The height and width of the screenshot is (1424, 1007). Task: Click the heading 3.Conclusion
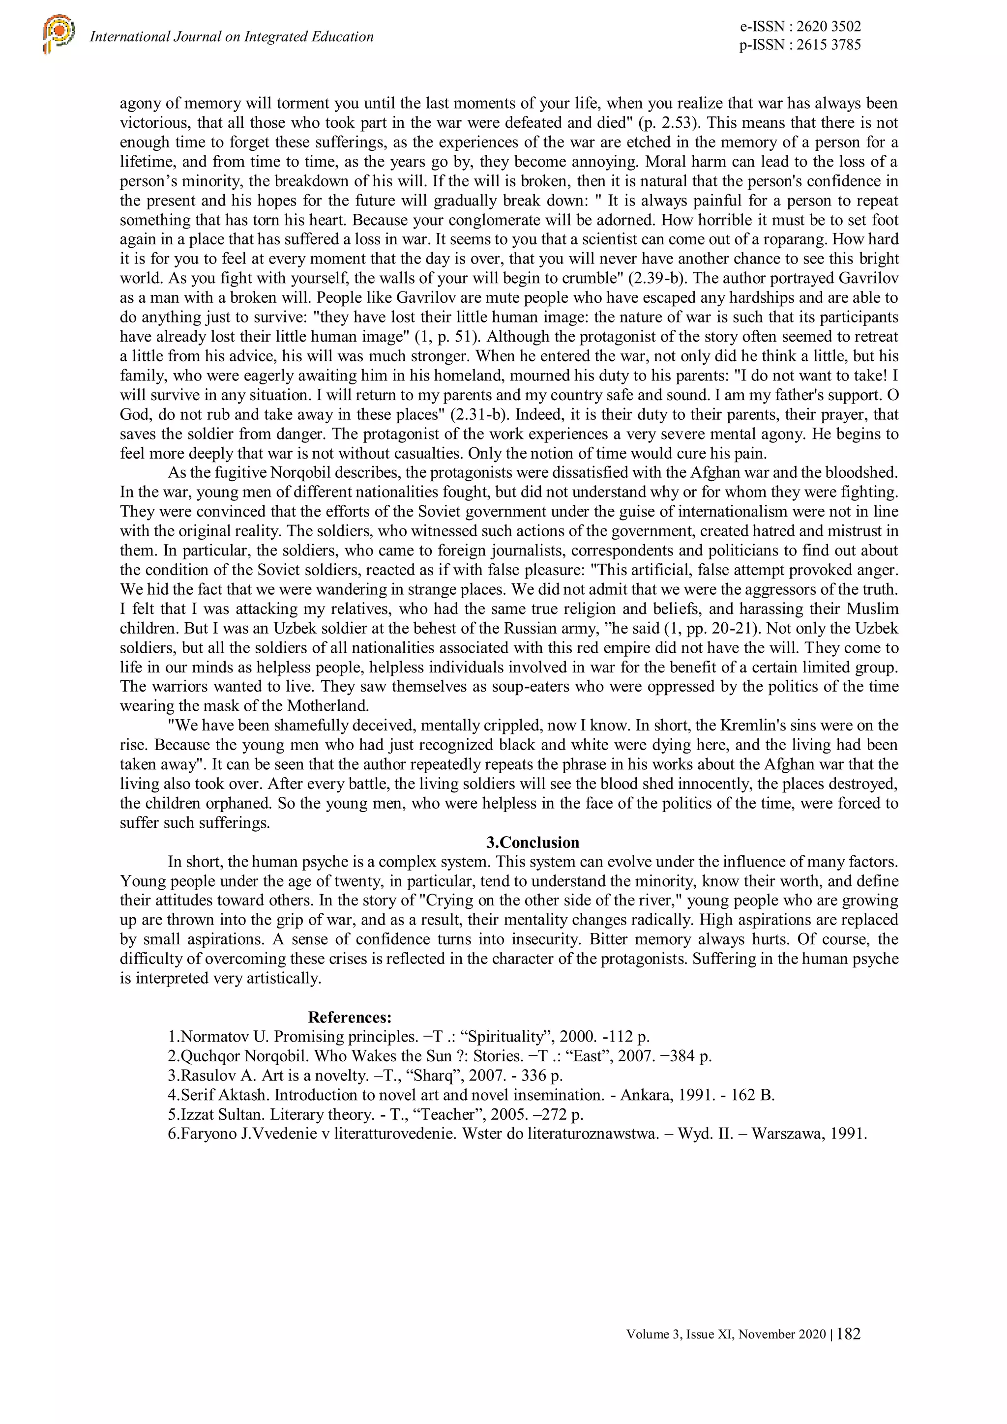533,842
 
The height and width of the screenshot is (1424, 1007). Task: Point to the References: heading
350,1017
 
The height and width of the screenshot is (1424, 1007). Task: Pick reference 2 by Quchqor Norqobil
439,1056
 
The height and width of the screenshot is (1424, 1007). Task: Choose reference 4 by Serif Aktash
471,1095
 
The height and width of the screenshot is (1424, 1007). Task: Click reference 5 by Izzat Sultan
375,1114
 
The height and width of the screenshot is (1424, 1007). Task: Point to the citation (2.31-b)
475,414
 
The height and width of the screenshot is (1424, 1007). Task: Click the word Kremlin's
755,726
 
